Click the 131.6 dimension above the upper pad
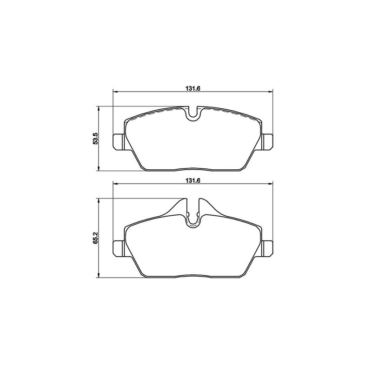pos(193,88)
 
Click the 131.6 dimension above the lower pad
pos(193,180)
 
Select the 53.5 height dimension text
pos(95,139)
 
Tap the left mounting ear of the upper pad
pos(118,142)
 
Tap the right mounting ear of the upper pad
pos(268,142)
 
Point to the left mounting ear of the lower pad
pos(118,249)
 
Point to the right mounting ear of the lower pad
pos(268,249)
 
